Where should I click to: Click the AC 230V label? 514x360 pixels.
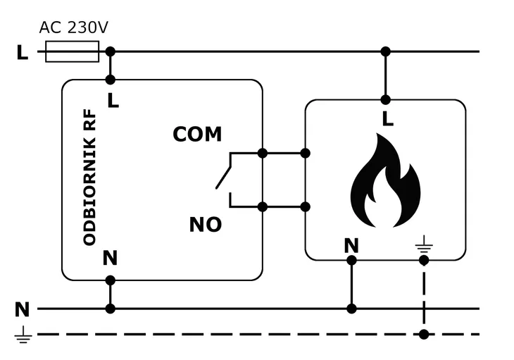73,27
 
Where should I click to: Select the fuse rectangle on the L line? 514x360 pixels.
72,51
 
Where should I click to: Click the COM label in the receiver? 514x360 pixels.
197,134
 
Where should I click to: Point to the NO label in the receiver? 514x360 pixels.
206,225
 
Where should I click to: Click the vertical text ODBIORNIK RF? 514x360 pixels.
89,178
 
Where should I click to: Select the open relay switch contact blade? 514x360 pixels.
223,178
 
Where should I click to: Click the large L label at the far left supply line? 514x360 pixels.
23,52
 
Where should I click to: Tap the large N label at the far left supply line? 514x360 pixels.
23,309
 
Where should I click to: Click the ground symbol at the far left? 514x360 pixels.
23,335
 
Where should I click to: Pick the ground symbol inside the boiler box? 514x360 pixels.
424,244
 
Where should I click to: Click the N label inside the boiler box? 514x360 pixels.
351,246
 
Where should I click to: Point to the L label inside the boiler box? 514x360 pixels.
388,119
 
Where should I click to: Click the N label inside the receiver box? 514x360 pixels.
110,258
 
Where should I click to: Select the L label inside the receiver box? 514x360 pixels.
113,100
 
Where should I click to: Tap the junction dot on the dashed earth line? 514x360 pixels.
424,335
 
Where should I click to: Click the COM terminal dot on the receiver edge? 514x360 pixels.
263,153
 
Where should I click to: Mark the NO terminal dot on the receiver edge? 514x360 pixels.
263,207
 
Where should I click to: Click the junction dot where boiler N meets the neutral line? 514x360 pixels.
351,309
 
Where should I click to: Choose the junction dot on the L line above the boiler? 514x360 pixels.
386,51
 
